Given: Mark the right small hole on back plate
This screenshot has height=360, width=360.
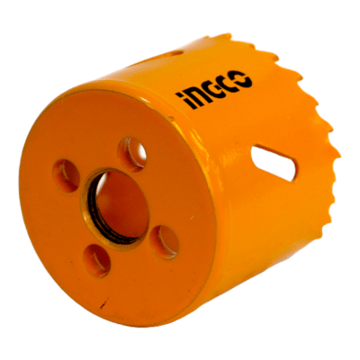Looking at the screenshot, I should tap(165, 241).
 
